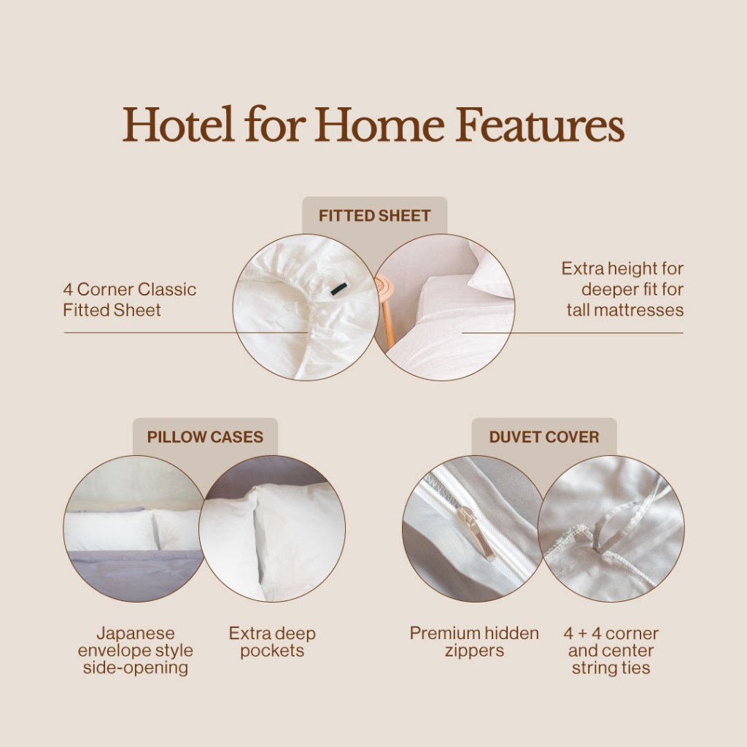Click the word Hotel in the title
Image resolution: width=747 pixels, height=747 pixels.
point(178,124)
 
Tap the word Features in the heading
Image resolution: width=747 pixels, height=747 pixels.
point(540,124)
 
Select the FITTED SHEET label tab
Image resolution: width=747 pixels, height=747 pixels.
point(374,216)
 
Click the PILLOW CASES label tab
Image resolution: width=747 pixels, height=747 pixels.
point(205,437)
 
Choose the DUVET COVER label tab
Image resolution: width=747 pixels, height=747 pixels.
point(544,437)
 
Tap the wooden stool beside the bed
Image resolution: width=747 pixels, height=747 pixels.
point(386,309)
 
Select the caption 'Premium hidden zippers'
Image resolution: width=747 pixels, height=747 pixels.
point(474,642)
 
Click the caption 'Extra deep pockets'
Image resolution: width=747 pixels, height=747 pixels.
point(272,642)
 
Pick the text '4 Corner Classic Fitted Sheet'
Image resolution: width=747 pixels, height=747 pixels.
point(130,300)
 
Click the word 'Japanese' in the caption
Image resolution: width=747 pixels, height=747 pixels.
point(135,634)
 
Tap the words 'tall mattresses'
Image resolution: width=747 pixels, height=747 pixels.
point(625,310)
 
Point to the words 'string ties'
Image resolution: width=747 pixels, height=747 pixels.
point(611,668)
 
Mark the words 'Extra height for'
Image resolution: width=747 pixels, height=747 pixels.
point(622,268)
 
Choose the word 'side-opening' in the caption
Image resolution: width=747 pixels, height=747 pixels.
point(135,668)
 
